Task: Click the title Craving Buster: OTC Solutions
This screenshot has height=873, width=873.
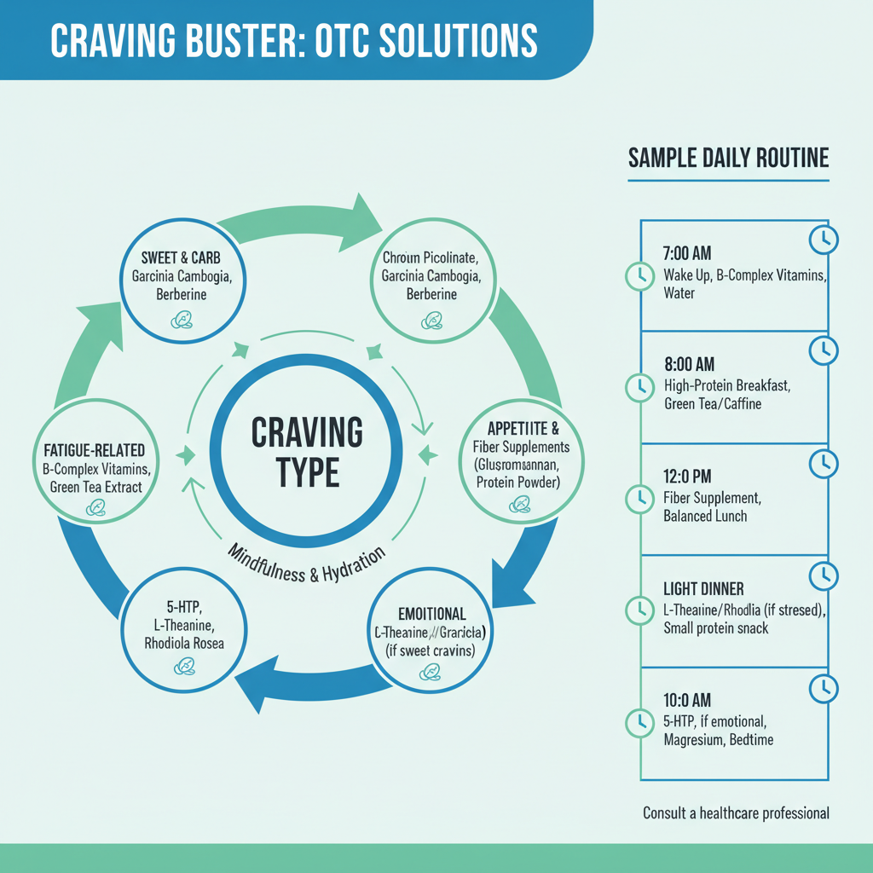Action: pos(294,40)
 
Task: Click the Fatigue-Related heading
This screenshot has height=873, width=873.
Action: pos(95,450)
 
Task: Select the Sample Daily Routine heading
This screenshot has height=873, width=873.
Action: pos(728,159)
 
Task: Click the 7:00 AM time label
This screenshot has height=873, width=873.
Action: pos(686,254)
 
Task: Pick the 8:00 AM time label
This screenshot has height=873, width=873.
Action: pos(687,366)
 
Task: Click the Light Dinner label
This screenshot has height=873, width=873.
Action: pos(703,589)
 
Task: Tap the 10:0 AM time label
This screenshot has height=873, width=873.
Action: pos(687,700)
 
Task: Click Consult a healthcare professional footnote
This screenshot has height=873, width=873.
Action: pos(736,813)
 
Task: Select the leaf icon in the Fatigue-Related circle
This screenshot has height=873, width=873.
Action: pos(96,508)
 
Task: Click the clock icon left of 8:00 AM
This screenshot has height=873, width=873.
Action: pos(639,387)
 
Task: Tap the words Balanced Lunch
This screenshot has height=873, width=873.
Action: pos(705,517)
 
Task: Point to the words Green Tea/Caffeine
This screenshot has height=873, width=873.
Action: pos(713,404)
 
